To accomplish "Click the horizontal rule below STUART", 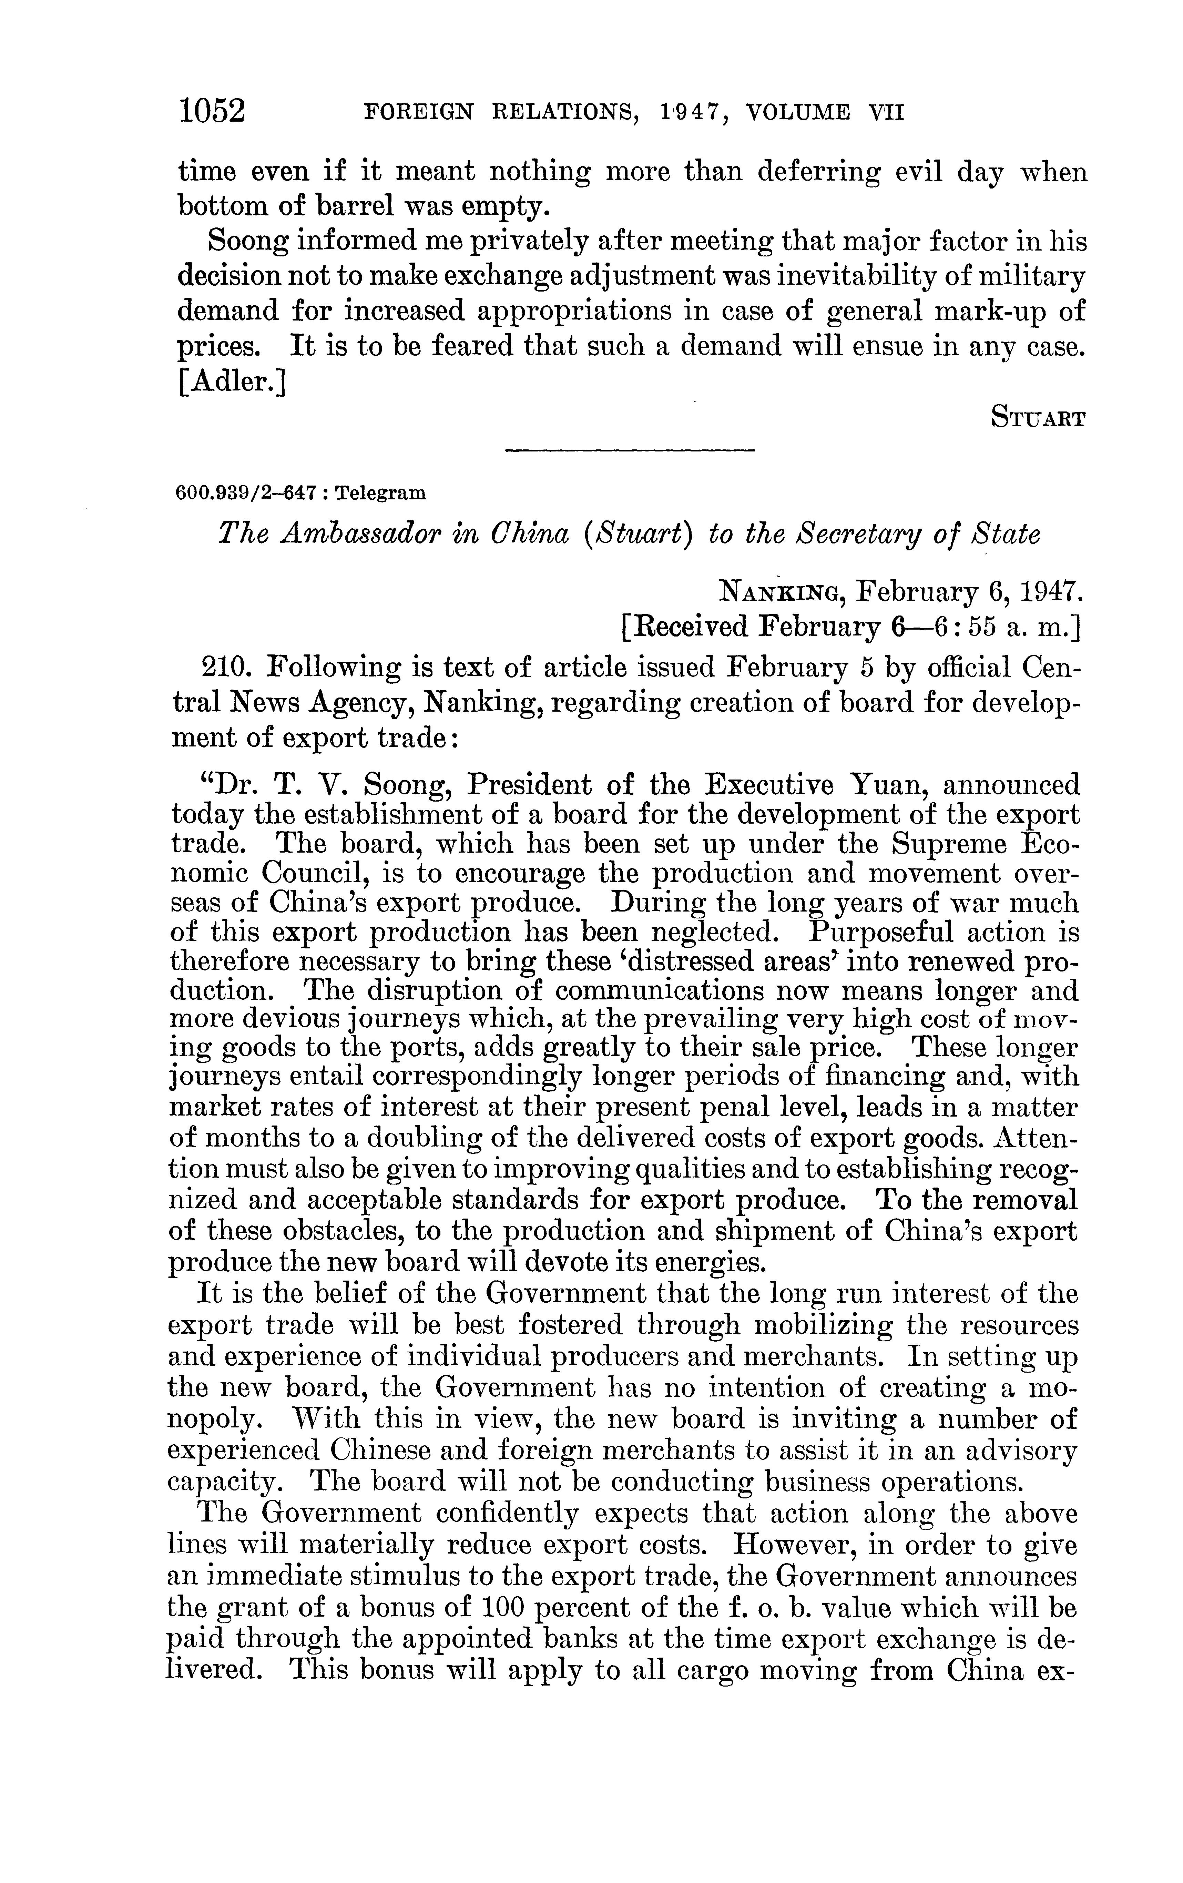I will tap(630, 450).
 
